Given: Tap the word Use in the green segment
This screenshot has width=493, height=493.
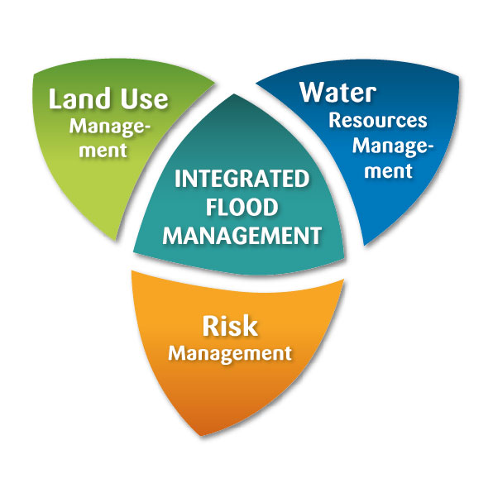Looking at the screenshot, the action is coord(145,99).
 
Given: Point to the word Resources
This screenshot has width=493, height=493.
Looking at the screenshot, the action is coord(378,121).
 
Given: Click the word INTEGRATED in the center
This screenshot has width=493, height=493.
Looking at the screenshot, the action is coord(242,179).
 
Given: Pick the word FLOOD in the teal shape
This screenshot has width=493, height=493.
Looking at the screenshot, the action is coord(242,207).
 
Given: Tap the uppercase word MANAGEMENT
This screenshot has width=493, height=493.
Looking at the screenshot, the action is coord(242,236).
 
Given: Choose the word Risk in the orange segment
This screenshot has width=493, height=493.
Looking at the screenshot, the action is coord(230,326).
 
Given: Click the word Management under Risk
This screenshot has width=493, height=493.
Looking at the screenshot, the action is coord(230,354).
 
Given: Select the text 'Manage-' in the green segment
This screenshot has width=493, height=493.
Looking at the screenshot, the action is coord(110,127).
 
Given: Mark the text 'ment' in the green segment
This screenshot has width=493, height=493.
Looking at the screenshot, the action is coord(103,151).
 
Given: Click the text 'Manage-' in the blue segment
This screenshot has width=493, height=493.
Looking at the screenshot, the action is coord(393,146).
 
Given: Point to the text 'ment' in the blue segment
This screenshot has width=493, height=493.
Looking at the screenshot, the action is coord(388,171).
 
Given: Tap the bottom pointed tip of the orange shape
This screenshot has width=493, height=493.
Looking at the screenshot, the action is coord(200,435).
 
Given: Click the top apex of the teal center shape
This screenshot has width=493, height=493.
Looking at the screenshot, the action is coord(234,94).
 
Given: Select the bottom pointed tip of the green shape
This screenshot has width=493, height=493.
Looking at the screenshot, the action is coord(116,240).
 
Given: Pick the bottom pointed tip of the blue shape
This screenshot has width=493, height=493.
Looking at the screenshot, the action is coord(365,245).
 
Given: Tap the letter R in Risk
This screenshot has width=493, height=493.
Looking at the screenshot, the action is coord(211,326).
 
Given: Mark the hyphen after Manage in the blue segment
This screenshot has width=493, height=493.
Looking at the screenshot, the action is coord(429,147).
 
